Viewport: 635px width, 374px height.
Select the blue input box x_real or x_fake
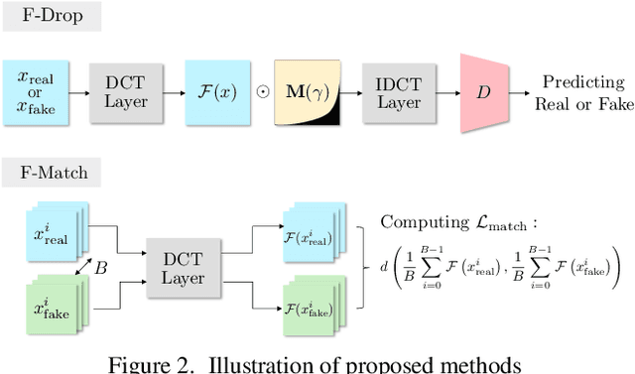37,93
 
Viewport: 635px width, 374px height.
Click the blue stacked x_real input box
49,234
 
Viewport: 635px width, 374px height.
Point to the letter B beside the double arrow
99,266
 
